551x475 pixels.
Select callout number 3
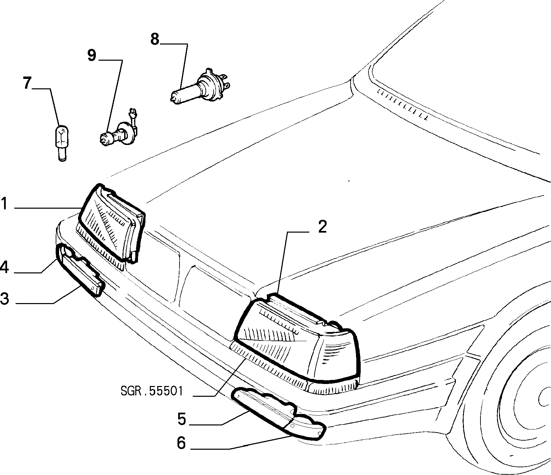click(x=4, y=299)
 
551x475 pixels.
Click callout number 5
click(x=182, y=419)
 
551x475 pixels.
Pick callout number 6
click(x=182, y=443)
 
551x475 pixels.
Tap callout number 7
click(x=28, y=83)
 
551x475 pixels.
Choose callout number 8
click(x=155, y=39)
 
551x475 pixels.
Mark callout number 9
click(x=92, y=55)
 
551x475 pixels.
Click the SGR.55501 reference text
click(x=151, y=391)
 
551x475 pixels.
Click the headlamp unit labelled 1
click(x=111, y=224)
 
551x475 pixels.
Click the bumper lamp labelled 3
click(x=81, y=271)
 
